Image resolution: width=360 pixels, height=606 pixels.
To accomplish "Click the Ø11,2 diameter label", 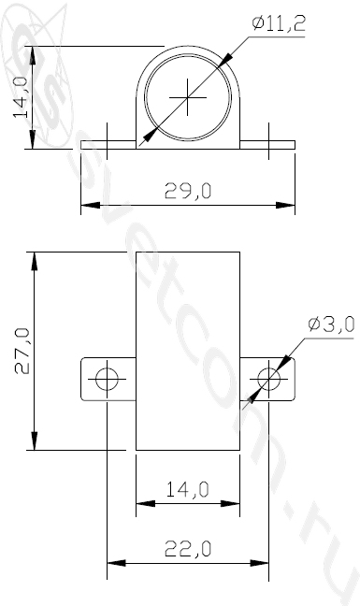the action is pos(279,23).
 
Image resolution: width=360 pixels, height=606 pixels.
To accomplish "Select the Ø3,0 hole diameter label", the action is pos(331,325).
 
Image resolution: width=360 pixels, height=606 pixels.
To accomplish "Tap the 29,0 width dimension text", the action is pos(188,191).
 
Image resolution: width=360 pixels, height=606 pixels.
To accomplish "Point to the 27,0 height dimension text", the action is pos(22,351).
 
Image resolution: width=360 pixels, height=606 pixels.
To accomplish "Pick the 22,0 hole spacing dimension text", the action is pos(188,549).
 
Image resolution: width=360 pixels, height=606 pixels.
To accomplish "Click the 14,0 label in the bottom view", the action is pos(188,490).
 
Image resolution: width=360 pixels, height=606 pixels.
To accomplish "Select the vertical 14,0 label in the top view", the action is pos(21,96).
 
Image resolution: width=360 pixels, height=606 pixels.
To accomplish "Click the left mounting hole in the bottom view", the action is pos(107,379).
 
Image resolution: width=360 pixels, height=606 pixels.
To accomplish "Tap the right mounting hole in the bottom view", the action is pos(269,379).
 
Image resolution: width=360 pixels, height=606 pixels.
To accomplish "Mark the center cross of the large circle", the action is pos(188,97).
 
